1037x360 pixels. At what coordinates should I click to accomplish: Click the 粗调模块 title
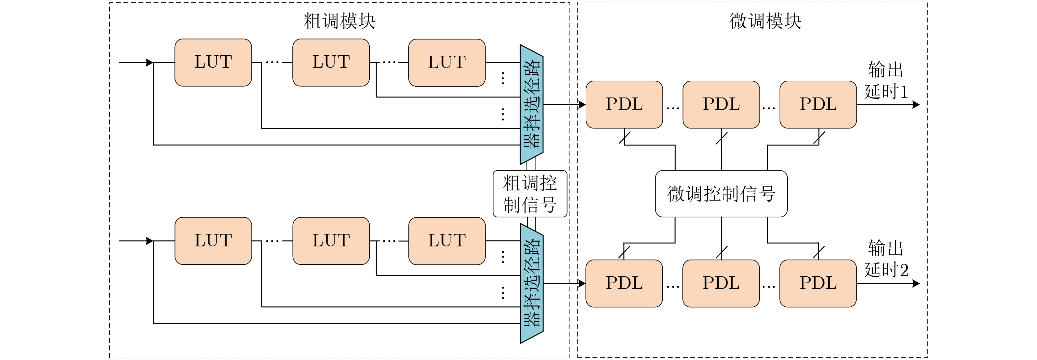339,21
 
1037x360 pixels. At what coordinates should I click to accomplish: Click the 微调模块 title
765,21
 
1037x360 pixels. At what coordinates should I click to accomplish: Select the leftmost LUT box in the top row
213,63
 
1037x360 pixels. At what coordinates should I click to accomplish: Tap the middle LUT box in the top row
331,63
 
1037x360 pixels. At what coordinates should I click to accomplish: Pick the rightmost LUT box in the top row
447,63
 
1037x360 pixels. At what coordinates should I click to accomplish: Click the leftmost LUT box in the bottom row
213,241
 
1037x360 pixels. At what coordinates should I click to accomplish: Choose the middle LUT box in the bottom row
331,241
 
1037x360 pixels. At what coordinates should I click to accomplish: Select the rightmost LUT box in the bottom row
447,241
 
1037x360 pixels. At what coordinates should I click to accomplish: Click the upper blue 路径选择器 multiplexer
531,104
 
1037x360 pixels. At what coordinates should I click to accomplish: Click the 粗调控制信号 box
530,194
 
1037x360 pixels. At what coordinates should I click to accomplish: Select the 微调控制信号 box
721,194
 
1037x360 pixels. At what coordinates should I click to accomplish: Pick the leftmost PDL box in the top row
624,105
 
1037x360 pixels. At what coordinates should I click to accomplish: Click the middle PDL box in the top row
721,105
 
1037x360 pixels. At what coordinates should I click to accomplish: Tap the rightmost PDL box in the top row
818,105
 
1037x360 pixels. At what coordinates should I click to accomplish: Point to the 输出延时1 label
886,81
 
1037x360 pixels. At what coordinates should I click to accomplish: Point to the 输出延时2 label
886,259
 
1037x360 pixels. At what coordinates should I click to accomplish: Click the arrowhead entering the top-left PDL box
582,105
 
